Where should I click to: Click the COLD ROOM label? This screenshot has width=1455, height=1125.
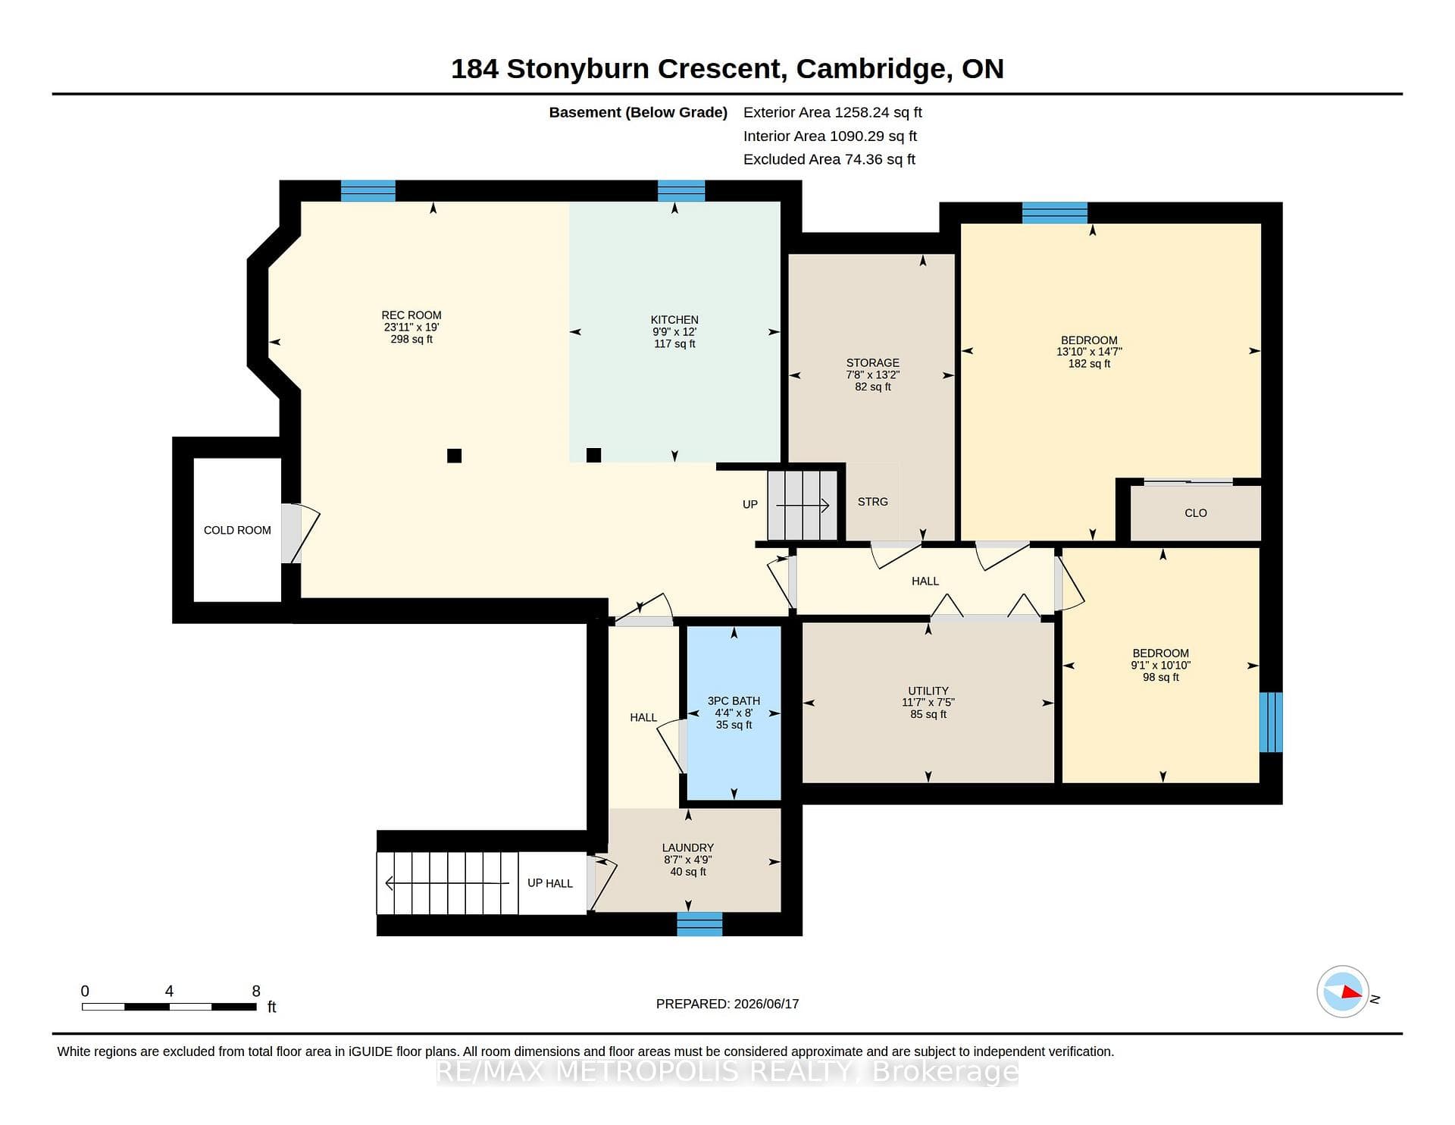(x=237, y=531)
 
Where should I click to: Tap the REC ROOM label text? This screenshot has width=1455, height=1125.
(x=411, y=315)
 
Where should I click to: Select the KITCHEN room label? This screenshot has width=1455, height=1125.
(x=674, y=320)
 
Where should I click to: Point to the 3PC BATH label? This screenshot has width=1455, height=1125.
(x=734, y=701)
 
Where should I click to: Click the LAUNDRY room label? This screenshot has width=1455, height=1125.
(x=688, y=848)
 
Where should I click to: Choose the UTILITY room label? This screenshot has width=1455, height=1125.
(x=928, y=691)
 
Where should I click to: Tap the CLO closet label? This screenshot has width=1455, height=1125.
(x=1196, y=513)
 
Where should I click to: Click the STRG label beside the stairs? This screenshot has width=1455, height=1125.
(x=873, y=502)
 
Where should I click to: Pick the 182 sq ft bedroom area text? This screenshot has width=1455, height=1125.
(x=1089, y=364)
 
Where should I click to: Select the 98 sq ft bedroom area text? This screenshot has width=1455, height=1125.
(x=1161, y=678)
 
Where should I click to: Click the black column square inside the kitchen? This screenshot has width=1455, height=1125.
(x=594, y=455)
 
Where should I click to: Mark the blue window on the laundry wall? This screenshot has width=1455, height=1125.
(x=699, y=924)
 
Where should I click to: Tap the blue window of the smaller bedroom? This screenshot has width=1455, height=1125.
(x=1271, y=722)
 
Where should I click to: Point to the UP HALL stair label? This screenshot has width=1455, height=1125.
(x=550, y=883)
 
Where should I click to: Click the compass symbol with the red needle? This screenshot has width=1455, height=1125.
(x=1343, y=992)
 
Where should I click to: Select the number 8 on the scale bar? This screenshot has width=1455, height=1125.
(x=256, y=991)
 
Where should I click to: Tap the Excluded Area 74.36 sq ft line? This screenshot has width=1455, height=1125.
(x=829, y=159)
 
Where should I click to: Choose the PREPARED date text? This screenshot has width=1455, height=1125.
(x=727, y=1004)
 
